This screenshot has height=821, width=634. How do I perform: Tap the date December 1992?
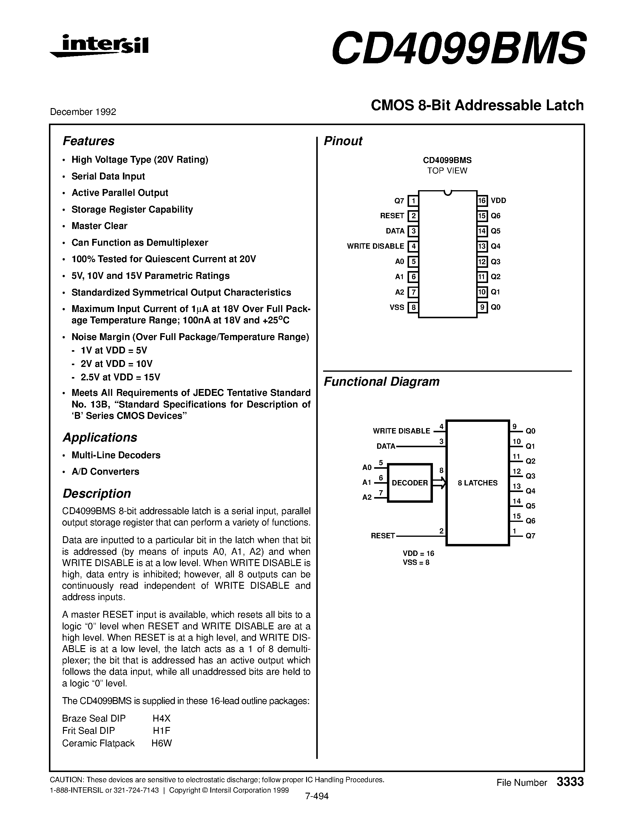coord(83,112)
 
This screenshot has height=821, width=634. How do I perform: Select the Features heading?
coord(88,141)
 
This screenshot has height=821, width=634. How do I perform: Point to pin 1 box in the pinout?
coord(413,201)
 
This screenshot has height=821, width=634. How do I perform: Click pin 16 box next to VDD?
coord(482,201)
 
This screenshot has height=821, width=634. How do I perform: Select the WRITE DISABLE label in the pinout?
coord(375,246)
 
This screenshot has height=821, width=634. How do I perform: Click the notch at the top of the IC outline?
coord(447,193)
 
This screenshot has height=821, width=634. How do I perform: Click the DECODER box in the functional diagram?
coord(410,483)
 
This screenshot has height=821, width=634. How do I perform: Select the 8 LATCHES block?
coord(477,483)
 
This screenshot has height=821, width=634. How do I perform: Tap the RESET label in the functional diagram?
coord(383,536)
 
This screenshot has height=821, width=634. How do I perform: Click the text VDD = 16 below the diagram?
coord(418,553)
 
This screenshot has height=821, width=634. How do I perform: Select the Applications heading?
coord(100,438)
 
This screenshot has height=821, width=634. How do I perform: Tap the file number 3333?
coord(570,782)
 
